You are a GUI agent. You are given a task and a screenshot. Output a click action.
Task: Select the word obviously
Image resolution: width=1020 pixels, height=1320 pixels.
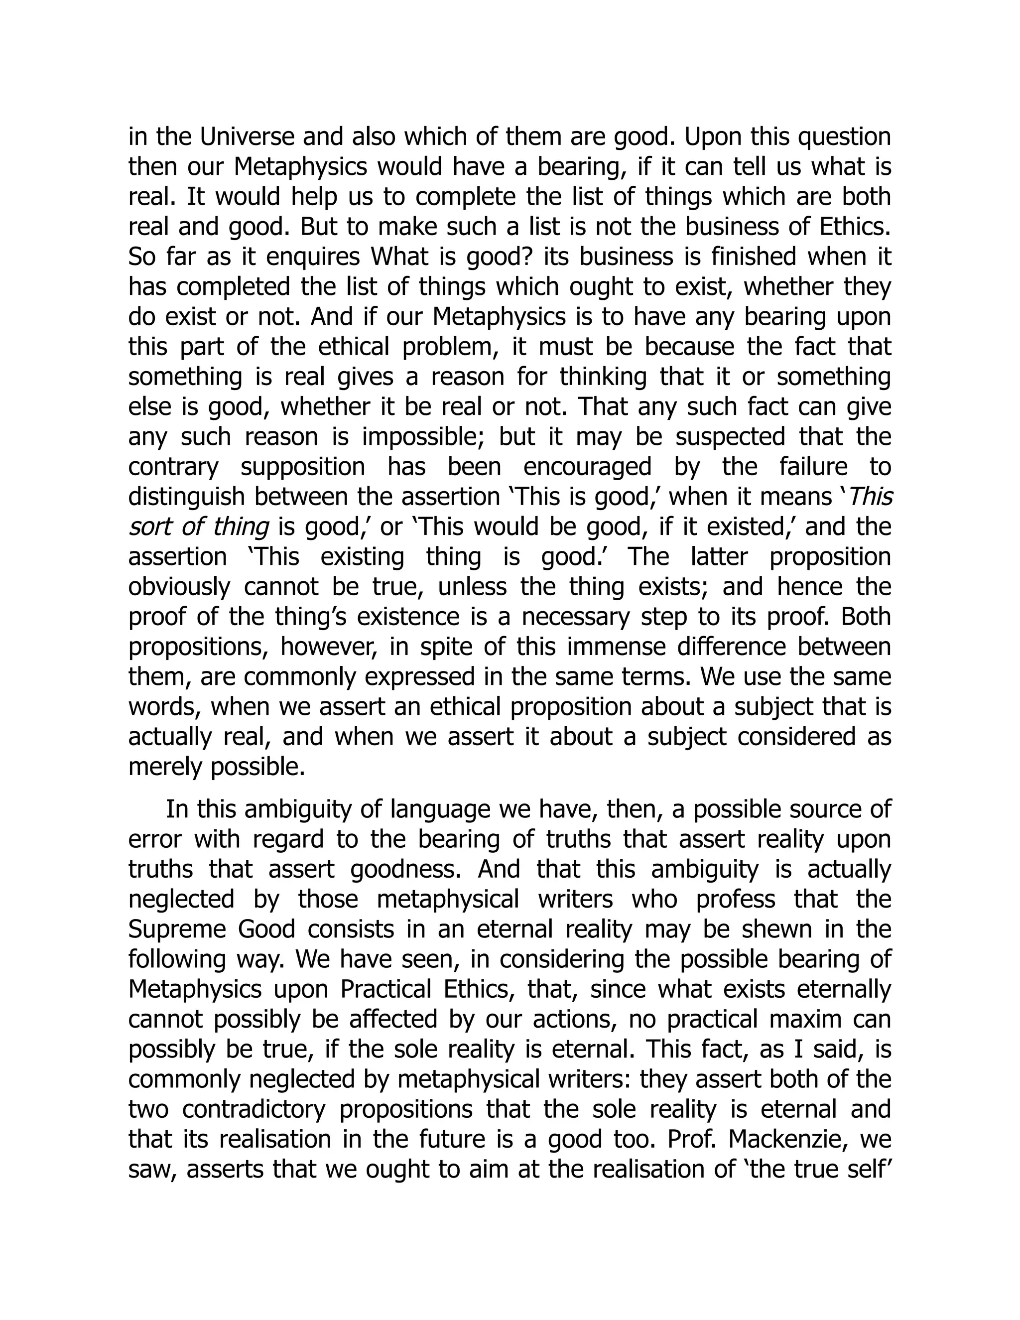[x=179, y=587]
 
